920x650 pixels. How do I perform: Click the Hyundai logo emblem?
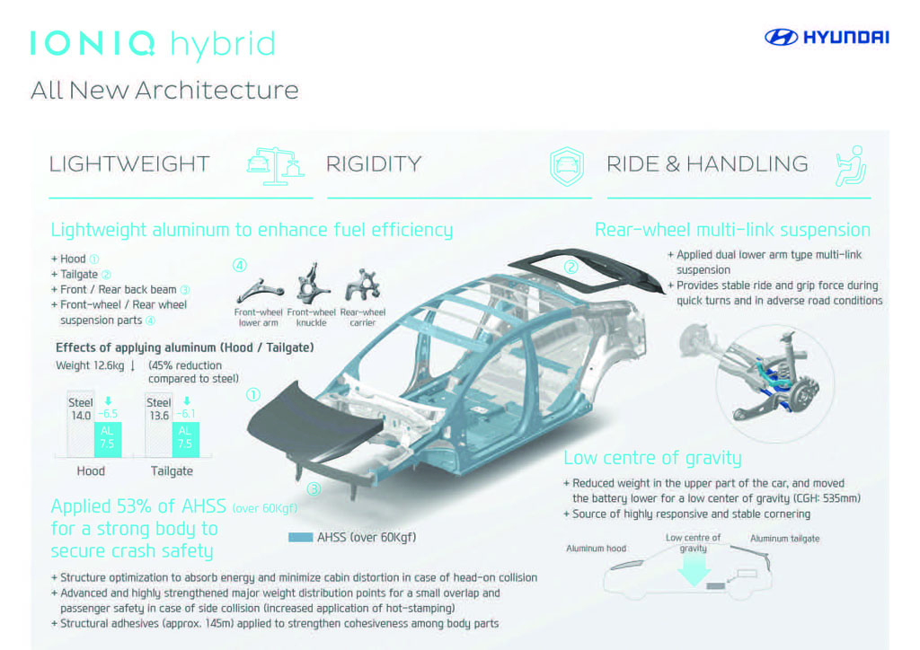click(781, 37)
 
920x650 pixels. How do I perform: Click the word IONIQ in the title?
click(93, 43)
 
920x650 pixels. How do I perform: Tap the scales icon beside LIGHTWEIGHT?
click(275, 166)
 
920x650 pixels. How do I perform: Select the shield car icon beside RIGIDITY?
click(567, 166)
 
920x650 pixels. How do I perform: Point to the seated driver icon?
click(852, 166)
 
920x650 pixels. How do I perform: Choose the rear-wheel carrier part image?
click(363, 285)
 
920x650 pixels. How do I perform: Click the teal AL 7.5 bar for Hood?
click(108, 440)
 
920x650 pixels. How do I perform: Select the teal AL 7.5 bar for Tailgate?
click(186, 440)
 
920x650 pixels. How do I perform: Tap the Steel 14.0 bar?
click(80, 425)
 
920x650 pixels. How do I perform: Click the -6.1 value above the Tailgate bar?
click(185, 414)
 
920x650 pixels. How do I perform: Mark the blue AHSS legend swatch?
click(300, 537)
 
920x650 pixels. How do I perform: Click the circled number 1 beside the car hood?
click(253, 394)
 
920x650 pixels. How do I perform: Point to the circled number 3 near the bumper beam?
click(314, 488)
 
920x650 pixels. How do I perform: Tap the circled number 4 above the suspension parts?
click(239, 265)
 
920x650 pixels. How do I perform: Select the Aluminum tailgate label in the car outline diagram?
click(784, 539)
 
